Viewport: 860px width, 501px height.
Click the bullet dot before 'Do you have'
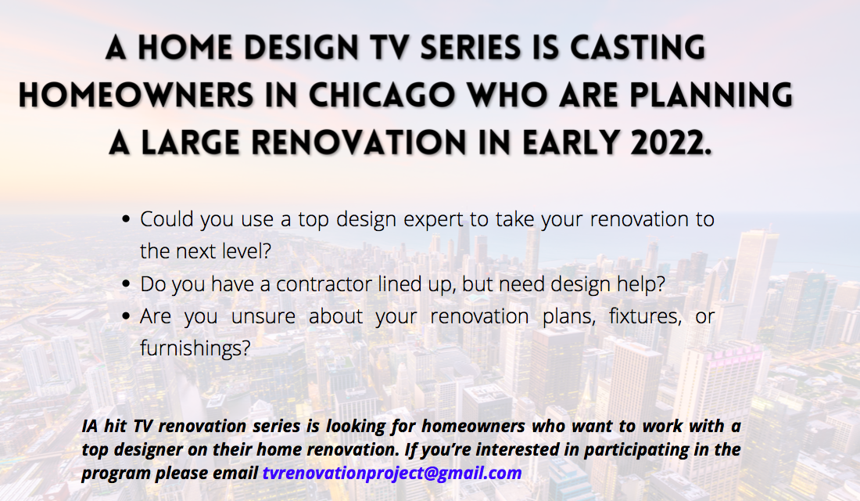127,285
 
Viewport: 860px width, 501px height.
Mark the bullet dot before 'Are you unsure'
127,318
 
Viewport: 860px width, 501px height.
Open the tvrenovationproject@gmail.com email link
392,474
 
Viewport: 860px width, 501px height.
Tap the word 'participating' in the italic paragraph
602,450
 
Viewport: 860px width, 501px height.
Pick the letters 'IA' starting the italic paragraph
91,427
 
